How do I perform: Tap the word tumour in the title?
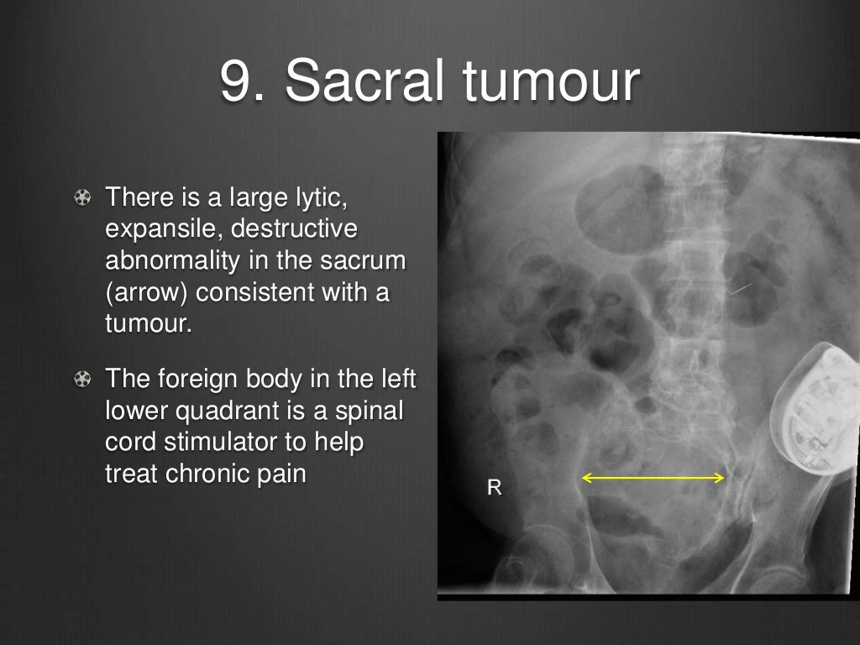click(x=551, y=81)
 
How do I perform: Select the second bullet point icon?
click(x=82, y=380)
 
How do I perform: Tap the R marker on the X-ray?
click(x=495, y=487)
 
